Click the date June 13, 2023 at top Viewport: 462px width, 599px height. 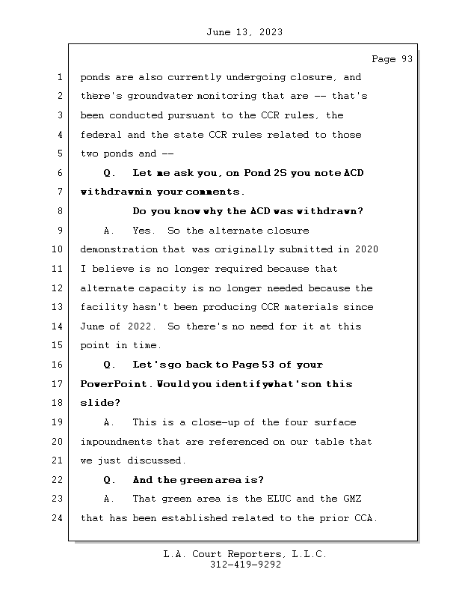[x=244, y=32]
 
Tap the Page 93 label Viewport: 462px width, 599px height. [x=392, y=59]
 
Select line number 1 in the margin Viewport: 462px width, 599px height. [x=58, y=77]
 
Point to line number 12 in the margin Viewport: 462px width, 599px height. [x=58, y=288]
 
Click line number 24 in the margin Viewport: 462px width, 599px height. [x=58, y=518]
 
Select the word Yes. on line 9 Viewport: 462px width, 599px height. [x=144, y=231]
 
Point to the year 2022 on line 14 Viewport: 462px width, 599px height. [x=144, y=326]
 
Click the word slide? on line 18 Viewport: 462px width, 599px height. [x=100, y=404]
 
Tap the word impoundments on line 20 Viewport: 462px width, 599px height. [x=115, y=442]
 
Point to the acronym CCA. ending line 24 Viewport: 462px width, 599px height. [x=366, y=518]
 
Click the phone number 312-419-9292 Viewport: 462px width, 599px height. [x=245, y=565]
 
